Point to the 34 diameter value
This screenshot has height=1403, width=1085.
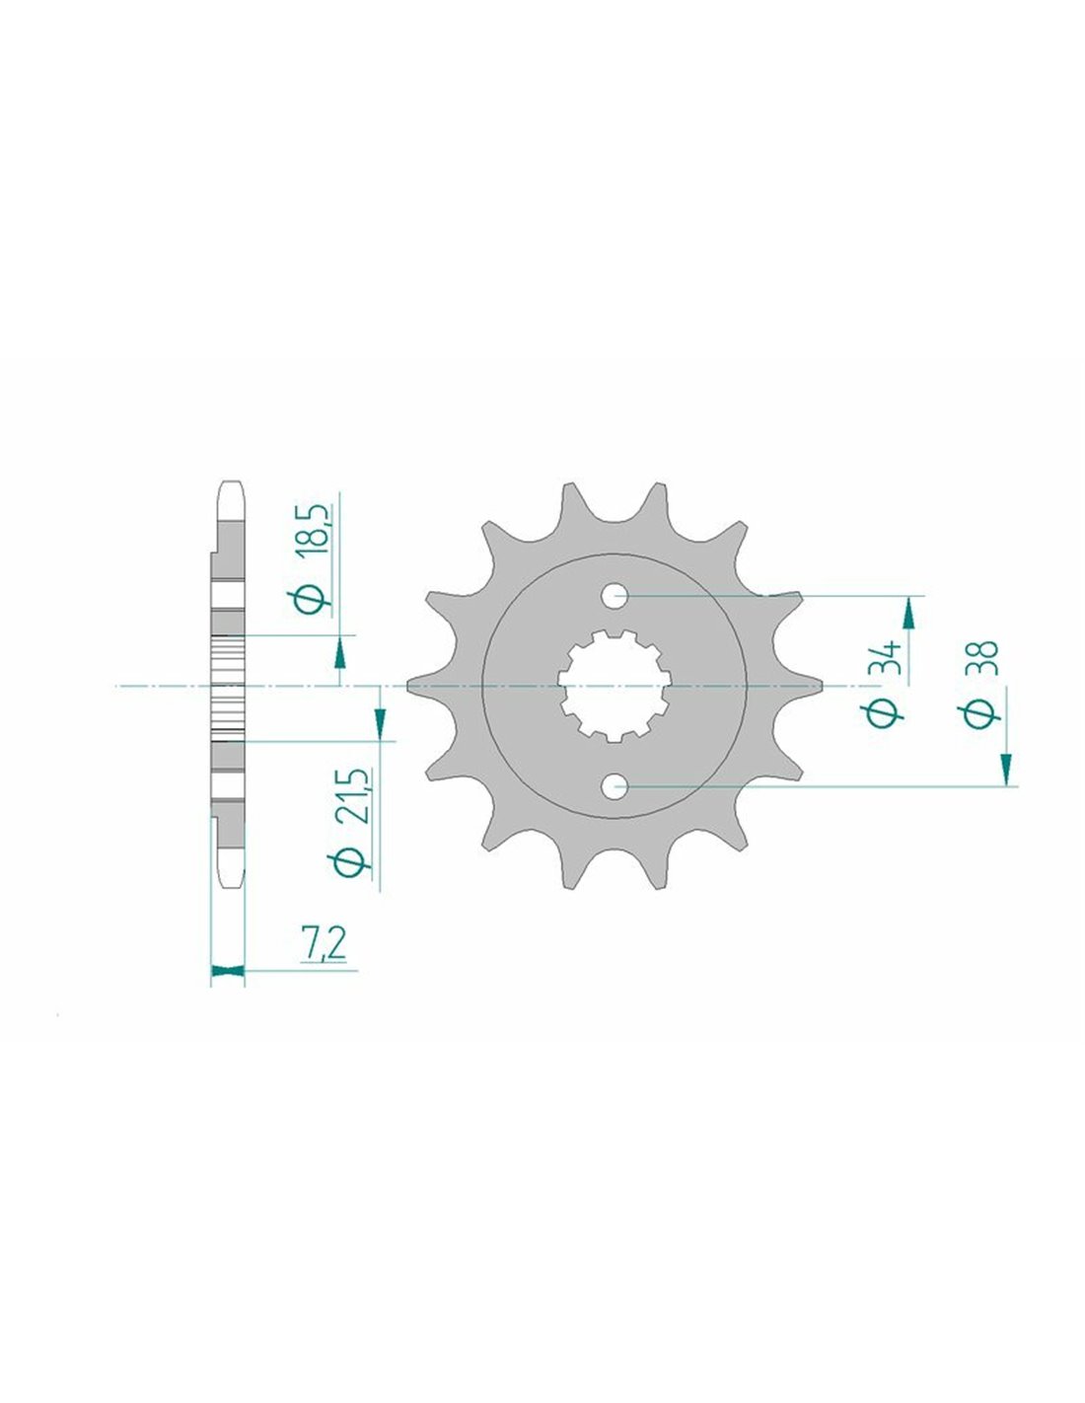[x=886, y=658]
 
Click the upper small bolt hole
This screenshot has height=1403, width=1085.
[x=615, y=596]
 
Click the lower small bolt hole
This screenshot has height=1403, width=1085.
[x=615, y=786]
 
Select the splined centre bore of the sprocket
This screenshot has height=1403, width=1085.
[x=615, y=686]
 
